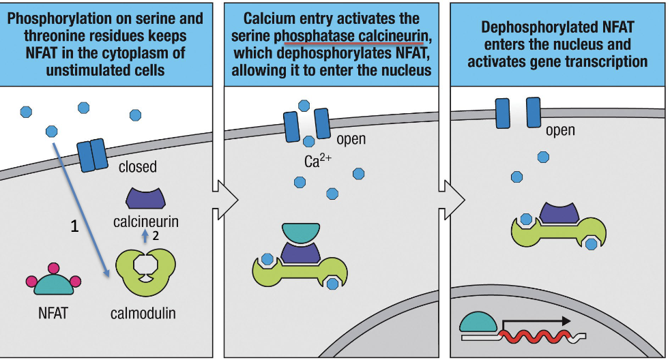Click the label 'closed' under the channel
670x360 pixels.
[x=137, y=166]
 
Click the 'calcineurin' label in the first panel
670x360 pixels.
[x=145, y=222]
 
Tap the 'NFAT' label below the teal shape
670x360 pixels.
[x=53, y=314]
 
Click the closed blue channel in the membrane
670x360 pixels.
[x=91, y=155]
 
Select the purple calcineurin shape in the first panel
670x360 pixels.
[x=145, y=198]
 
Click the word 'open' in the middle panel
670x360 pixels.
[x=351, y=139]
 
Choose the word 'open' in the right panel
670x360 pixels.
[x=560, y=130]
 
